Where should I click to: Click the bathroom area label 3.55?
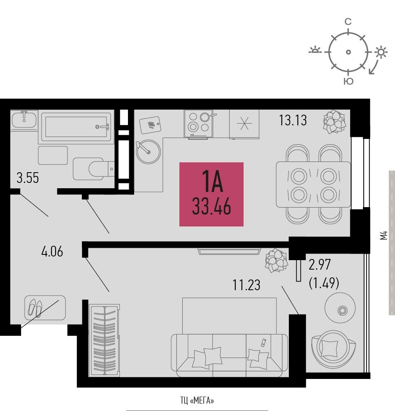[x=28, y=178]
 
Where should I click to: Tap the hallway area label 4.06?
[x=52, y=252]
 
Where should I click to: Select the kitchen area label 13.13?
[x=293, y=120]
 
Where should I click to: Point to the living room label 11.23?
[x=246, y=285]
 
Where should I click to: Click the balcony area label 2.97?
[x=320, y=264]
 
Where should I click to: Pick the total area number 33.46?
[x=211, y=206]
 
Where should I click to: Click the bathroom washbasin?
[x=24, y=120]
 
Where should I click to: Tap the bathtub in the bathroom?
[x=76, y=127]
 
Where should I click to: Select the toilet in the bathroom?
[x=94, y=169]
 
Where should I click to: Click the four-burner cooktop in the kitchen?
[x=199, y=123]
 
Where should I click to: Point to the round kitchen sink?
[x=148, y=152]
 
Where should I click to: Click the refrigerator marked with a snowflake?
[x=244, y=124]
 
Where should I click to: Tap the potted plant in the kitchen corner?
[x=334, y=121]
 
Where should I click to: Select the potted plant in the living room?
[x=276, y=260]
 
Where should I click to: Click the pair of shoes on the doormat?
[x=35, y=307]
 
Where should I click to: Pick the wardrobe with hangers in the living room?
[x=105, y=340]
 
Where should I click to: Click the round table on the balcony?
[x=340, y=308]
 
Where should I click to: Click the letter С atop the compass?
[x=348, y=21]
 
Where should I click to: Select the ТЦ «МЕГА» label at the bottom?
[x=197, y=400]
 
